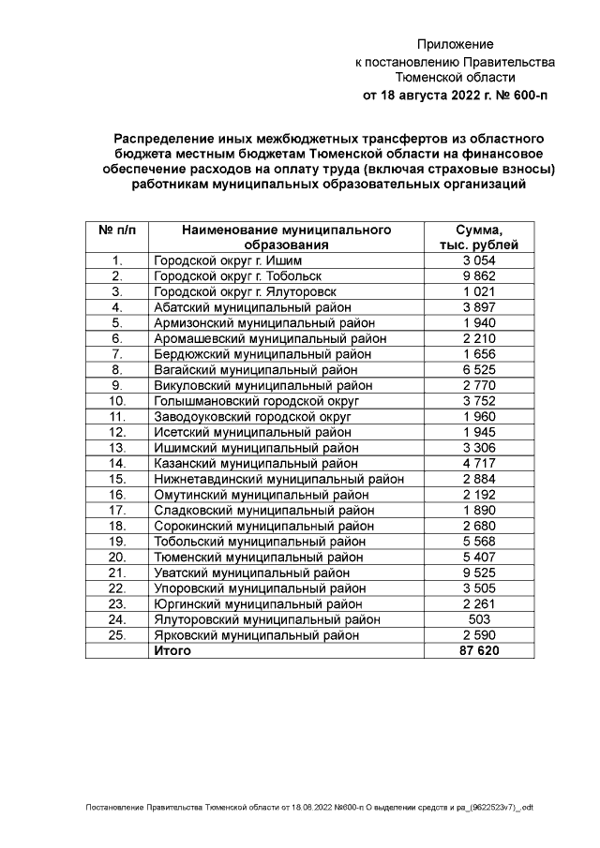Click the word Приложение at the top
pyautogui.click(x=455, y=44)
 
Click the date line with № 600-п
pyautogui.click(x=455, y=95)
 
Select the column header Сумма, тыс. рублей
pyautogui.click(x=479, y=237)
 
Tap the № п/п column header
pyautogui.click(x=117, y=230)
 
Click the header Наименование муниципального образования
pyautogui.click(x=286, y=237)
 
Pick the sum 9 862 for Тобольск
pyautogui.click(x=479, y=276)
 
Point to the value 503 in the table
pyautogui.click(x=479, y=619)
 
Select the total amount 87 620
pyautogui.click(x=479, y=650)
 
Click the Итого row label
pyautogui.click(x=172, y=650)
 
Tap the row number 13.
pyautogui.click(x=117, y=448)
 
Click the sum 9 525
pyautogui.click(x=479, y=573)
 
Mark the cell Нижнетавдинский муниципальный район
pyautogui.click(x=278, y=479)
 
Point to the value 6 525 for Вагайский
pyautogui.click(x=479, y=370)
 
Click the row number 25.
pyautogui.click(x=117, y=635)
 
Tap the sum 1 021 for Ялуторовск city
pyautogui.click(x=479, y=291)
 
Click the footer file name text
pyautogui.click(x=308, y=807)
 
